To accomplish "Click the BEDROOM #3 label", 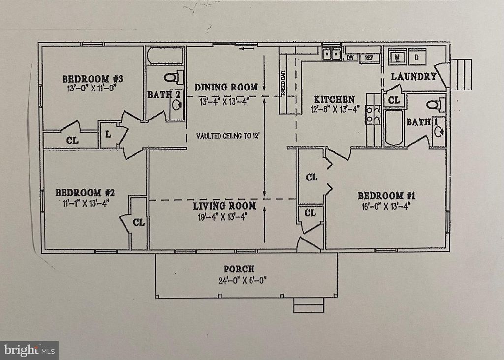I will [92, 78].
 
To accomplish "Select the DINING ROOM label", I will [226, 87].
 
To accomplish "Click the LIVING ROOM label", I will [224, 205].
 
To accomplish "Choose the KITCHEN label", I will [335, 99].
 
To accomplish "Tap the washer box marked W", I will [397, 57].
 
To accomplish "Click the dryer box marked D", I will [417, 57].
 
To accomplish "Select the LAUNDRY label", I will [413, 76].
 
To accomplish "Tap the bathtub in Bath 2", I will [165, 56].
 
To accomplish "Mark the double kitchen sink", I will [332, 54].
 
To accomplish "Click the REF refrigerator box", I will [368, 58].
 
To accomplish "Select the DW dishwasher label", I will [350, 58].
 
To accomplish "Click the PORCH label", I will [239, 269].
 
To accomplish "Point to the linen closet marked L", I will [108, 134].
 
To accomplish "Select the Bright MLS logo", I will [29, 350].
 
